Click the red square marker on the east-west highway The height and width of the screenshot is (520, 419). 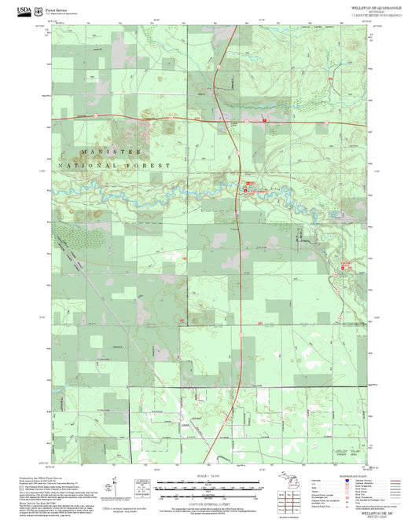point(265,119)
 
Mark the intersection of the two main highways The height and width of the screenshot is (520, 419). point(236,119)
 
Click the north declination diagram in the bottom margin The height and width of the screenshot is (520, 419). point(116,487)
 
